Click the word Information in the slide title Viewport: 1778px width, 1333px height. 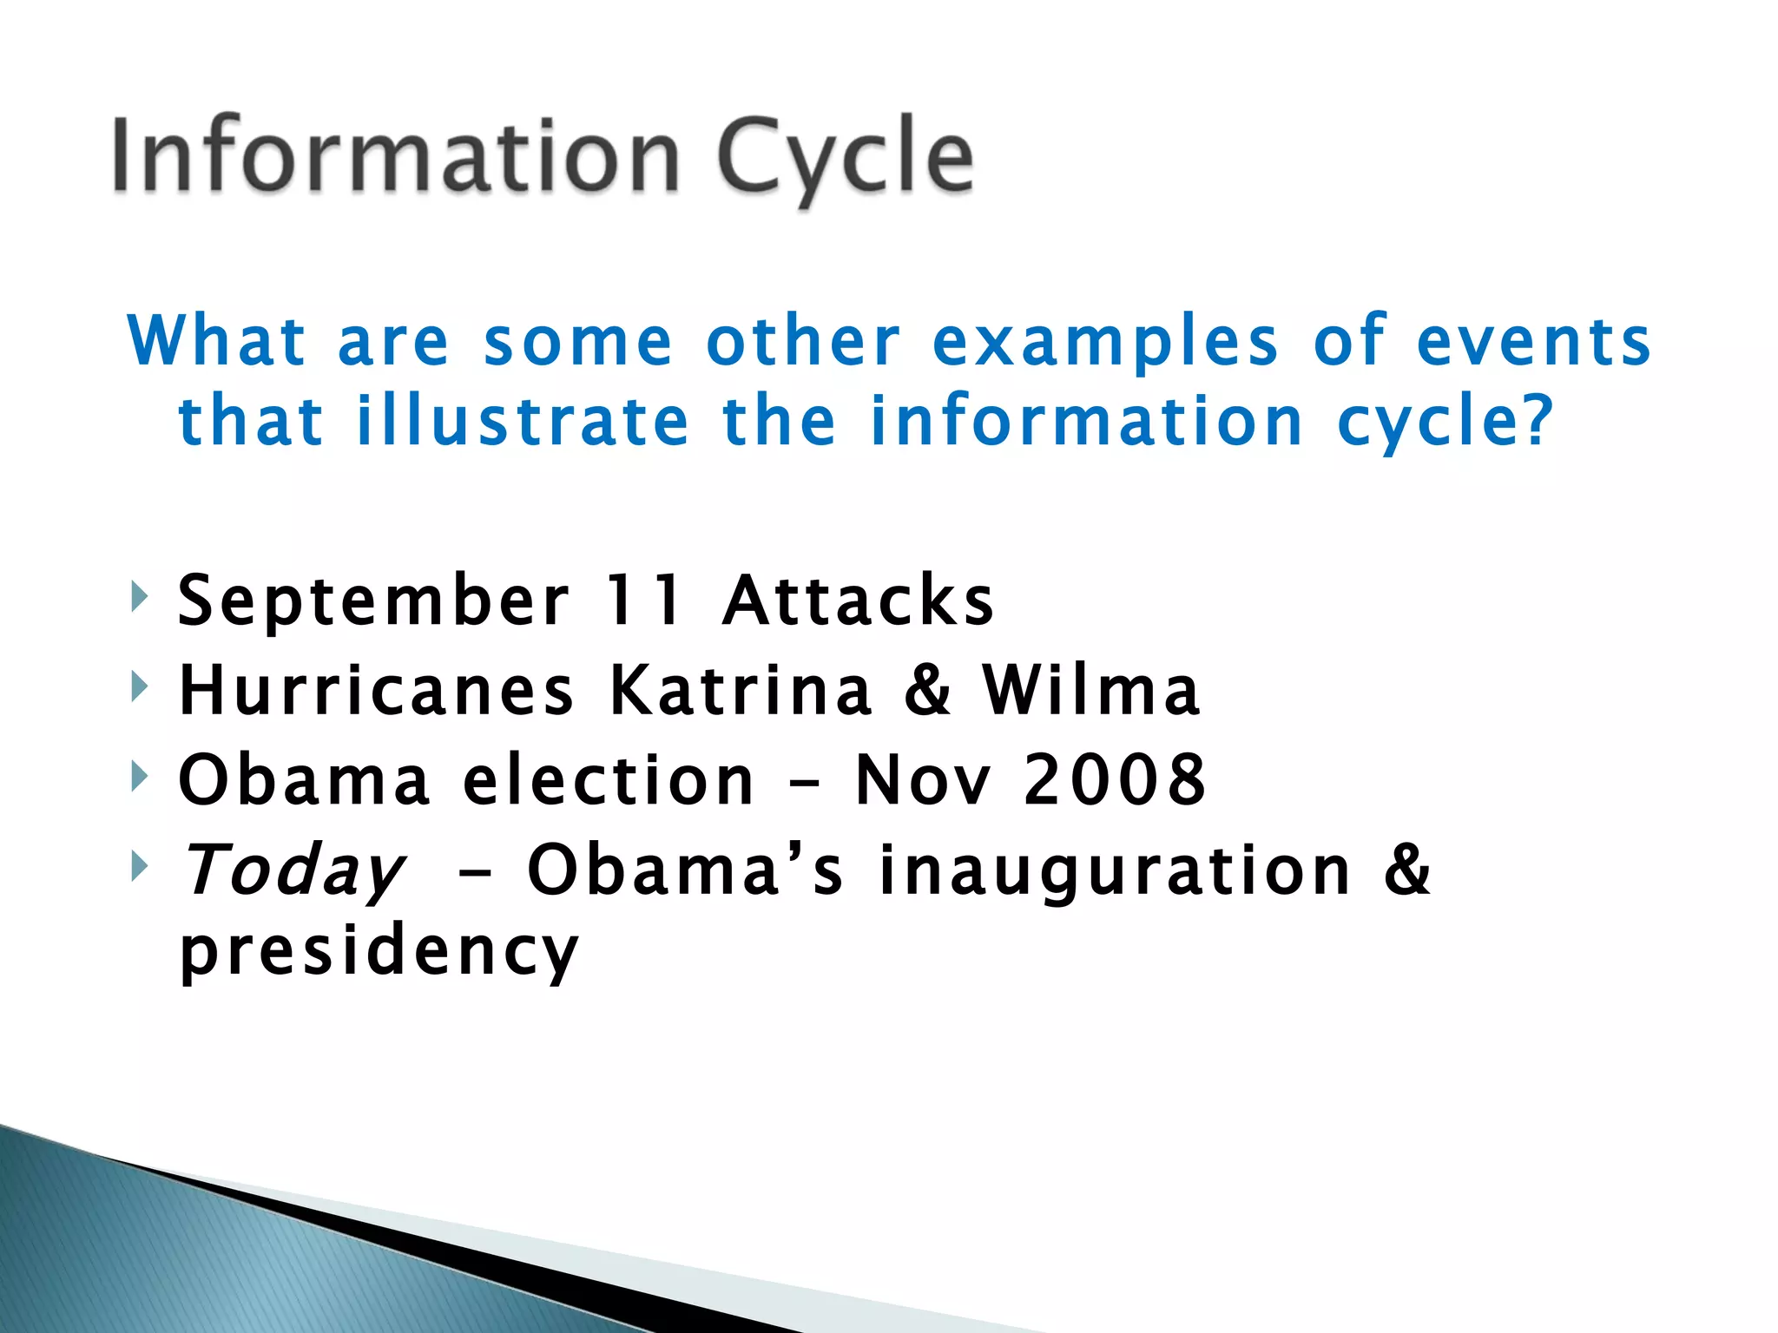point(395,156)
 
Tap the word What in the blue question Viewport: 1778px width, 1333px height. point(217,341)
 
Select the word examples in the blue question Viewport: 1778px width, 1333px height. point(1105,341)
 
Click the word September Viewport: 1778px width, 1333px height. point(373,601)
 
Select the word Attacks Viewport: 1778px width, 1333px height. point(858,601)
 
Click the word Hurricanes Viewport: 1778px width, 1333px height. point(377,690)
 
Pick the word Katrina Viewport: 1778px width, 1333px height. point(741,690)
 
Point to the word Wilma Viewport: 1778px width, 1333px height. point(1091,690)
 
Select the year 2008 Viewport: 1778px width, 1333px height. point(1115,779)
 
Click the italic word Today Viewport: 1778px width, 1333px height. point(293,870)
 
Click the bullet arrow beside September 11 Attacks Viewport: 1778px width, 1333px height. point(139,597)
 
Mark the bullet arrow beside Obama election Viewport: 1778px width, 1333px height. point(139,776)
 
